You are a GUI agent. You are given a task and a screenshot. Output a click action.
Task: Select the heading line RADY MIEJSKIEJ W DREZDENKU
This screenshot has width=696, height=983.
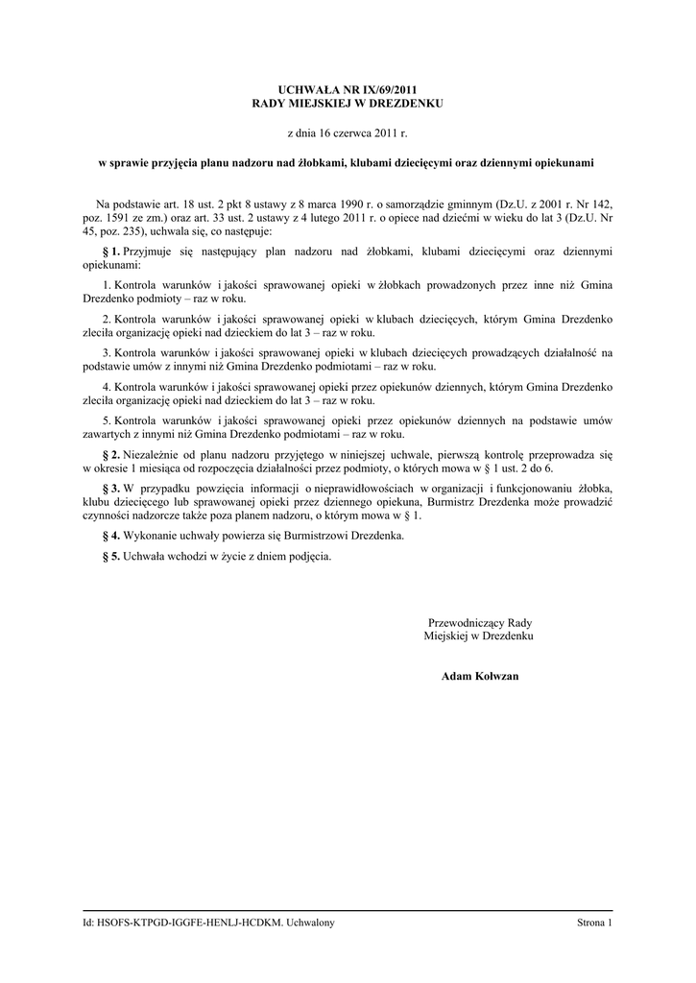coord(348,102)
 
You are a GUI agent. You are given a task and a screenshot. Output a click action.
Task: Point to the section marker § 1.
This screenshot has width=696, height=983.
coord(110,251)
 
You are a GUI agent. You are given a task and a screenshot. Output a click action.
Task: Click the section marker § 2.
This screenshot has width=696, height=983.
coord(110,452)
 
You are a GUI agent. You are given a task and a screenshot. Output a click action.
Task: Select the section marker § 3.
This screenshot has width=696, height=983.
coord(110,489)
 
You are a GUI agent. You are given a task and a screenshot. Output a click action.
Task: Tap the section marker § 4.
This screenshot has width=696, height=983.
coord(110,535)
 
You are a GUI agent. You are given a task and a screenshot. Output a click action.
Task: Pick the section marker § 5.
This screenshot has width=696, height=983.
coord(110,556)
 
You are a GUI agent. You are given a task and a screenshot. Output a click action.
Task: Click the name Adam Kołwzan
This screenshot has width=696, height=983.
coord(479,676)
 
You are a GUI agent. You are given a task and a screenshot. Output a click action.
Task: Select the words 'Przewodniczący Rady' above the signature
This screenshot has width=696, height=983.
coord(479,623)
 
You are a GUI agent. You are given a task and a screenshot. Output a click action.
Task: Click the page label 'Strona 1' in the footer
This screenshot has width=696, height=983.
coord(593,923)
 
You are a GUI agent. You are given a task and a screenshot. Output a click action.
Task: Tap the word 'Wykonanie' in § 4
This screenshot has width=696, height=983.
coord(151,535)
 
